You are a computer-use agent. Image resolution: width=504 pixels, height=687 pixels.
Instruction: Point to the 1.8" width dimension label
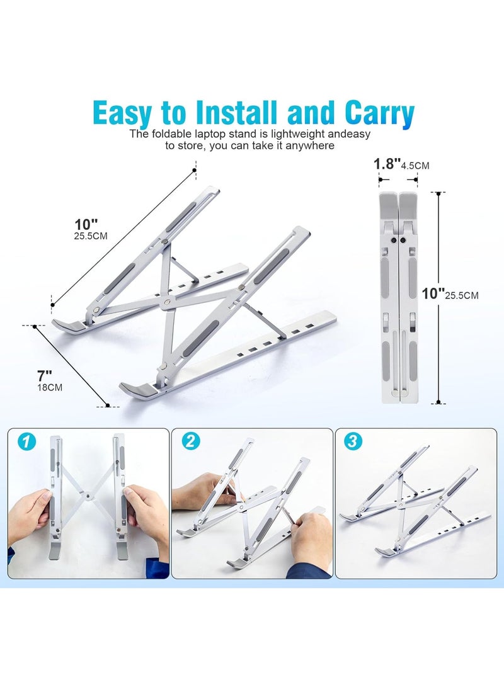[387, 164]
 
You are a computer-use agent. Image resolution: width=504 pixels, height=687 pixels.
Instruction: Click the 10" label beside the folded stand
[433, 293]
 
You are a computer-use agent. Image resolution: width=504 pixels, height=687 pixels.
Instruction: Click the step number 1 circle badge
[25, 441]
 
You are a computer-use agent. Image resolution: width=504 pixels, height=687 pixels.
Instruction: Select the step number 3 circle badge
[353, 441]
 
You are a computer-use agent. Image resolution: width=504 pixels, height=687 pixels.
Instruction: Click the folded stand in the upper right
[398, 296]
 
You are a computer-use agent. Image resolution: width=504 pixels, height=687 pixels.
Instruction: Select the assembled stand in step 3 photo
[416, 504]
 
